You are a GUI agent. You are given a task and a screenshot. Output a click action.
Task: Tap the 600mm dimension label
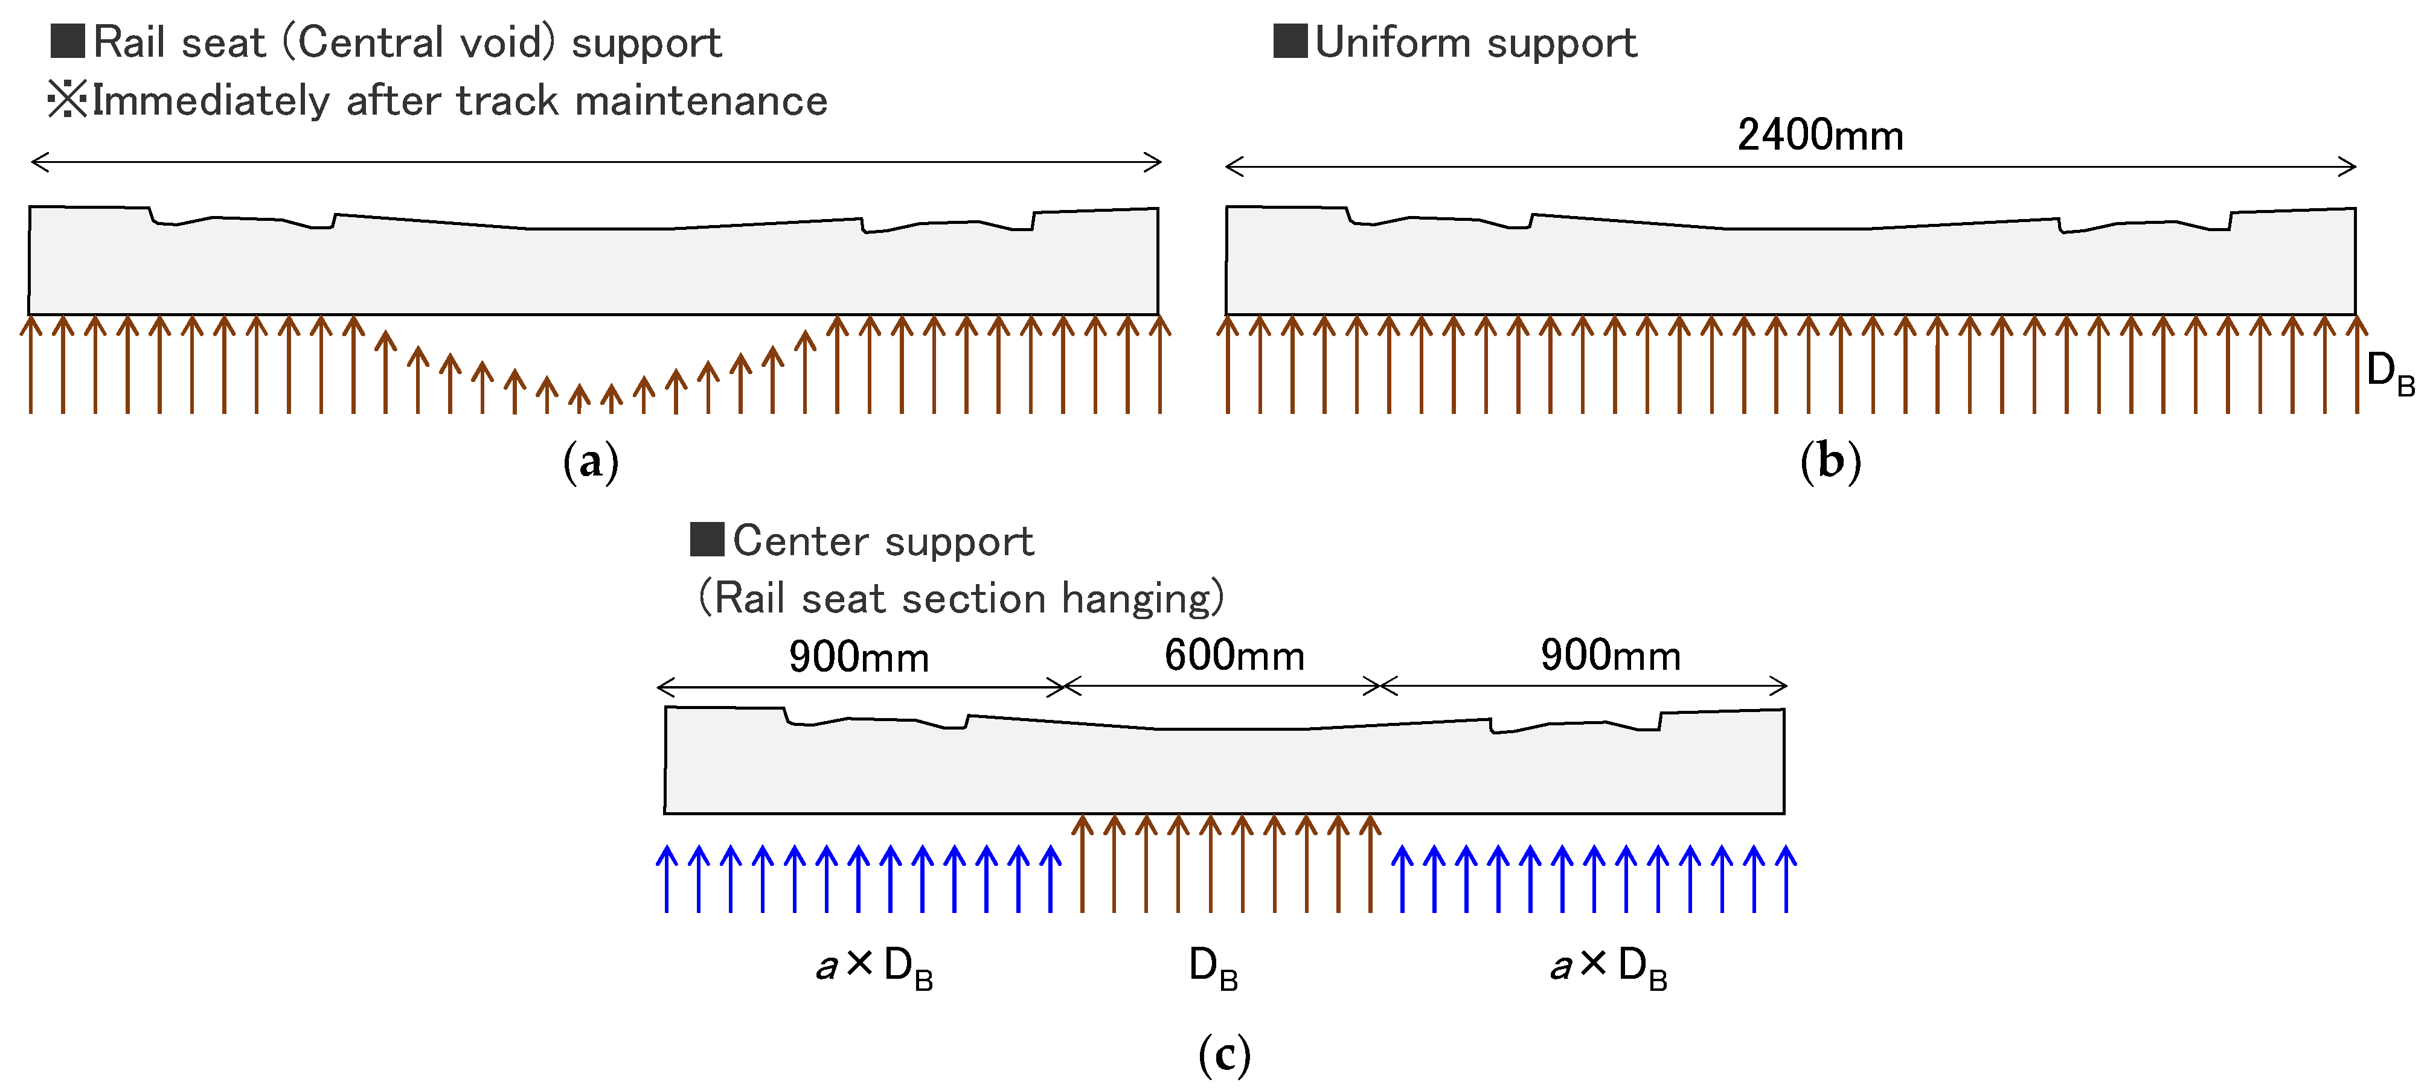1234,655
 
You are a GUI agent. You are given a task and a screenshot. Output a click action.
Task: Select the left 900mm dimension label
859,657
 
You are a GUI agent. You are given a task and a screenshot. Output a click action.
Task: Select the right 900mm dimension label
1611,655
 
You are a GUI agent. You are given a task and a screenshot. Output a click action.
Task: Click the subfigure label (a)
591,462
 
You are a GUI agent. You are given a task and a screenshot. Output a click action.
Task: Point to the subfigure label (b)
1830,462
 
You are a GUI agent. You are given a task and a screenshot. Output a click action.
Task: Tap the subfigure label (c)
1223,1054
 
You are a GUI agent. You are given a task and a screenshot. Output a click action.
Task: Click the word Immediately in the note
210,101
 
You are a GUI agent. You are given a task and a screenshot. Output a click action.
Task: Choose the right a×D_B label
1608,967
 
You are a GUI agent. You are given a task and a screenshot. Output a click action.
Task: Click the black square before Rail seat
68,42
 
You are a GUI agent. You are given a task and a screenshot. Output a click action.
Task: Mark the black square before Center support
707,539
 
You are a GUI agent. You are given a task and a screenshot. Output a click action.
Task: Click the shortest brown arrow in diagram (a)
579,398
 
